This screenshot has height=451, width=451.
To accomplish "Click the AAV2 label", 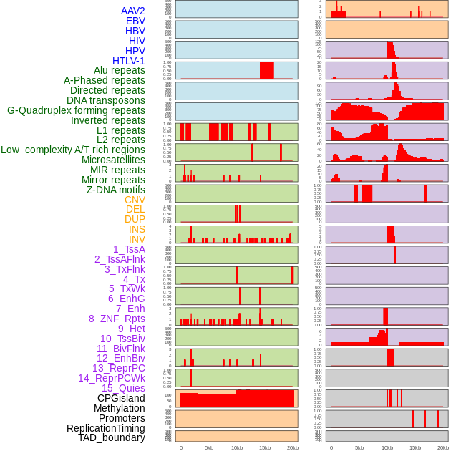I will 132,11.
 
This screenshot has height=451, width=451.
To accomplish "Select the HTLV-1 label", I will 128,61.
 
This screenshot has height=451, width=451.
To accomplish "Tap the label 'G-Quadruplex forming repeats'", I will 76,110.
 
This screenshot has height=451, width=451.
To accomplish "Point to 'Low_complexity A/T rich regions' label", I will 73,150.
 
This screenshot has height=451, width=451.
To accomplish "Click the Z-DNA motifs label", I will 115,190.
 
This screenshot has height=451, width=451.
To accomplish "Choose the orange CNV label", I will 135,200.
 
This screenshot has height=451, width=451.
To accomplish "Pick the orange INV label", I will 137,239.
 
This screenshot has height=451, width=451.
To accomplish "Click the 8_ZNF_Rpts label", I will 117,319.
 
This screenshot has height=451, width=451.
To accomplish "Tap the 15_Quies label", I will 123,388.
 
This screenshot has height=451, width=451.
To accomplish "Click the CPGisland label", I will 121,398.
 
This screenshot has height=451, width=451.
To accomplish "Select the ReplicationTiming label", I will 106,428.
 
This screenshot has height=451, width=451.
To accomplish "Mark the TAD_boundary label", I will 111,437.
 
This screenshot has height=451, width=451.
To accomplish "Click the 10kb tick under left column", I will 236,447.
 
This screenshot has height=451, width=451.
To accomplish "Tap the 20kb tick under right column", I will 443,447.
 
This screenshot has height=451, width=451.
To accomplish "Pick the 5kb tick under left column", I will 209,447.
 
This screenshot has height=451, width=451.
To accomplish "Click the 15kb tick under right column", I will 415,447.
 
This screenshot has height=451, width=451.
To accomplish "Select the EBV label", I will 135,21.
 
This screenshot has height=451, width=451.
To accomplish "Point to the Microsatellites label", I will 113,160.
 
